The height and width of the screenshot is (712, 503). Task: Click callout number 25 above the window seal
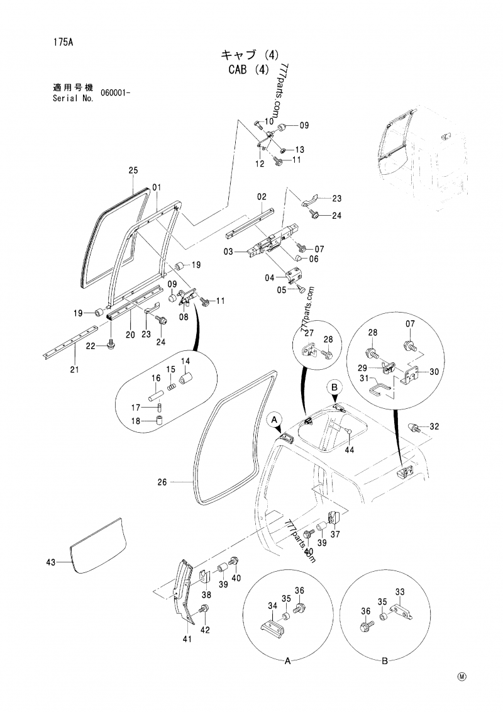133,170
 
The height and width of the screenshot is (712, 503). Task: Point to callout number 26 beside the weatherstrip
162,483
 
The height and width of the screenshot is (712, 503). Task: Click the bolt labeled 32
416,427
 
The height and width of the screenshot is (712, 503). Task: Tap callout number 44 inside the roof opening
350,450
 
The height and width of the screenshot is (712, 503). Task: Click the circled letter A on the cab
274,418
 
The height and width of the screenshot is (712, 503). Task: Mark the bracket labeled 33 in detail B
397,610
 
